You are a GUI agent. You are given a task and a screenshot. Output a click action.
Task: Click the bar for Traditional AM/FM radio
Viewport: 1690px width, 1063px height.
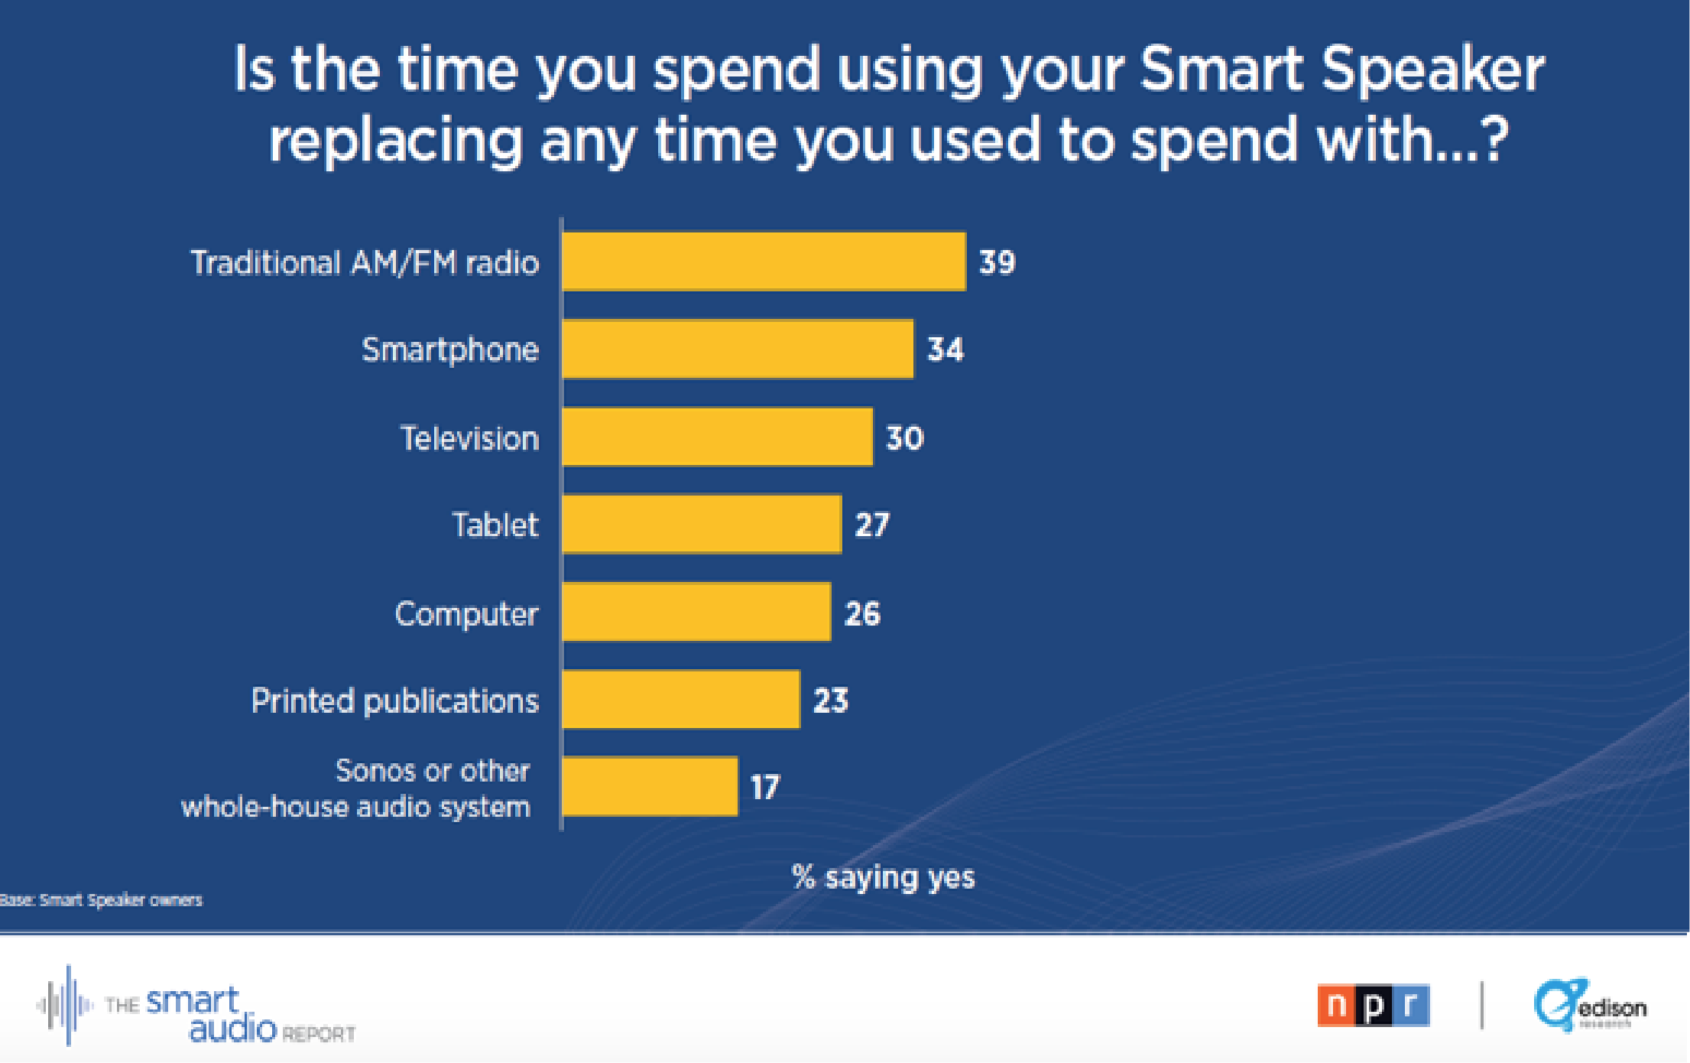click(764, 262)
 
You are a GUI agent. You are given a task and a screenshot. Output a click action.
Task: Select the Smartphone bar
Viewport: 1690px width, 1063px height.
click(738, 349)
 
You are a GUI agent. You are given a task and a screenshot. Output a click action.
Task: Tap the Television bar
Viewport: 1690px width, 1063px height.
click(717, 437)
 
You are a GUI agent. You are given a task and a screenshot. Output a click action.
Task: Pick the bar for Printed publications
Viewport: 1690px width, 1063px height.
click(680, 700)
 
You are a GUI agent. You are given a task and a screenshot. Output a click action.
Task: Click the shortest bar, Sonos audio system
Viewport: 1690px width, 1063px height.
click(650, 787)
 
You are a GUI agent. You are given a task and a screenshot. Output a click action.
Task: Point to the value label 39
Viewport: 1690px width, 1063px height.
click(997, 262)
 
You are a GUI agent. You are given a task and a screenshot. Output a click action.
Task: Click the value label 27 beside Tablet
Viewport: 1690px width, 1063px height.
click(872, 525)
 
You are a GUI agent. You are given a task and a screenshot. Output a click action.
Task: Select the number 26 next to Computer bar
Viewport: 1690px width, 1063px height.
click(862, 613)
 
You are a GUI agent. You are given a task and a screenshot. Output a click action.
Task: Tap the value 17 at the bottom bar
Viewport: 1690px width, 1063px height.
click(765, 788)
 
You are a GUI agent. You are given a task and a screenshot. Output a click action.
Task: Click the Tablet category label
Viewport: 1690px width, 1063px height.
click(495, 525)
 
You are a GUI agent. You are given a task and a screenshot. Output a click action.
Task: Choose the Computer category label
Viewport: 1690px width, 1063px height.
click(466, 614)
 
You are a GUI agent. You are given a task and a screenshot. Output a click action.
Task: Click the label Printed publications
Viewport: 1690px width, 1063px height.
click(395, 701)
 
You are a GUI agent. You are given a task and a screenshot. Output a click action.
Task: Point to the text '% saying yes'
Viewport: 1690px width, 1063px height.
click(884, 877)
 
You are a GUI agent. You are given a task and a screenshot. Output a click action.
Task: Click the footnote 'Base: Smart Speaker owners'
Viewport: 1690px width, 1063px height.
click(101, 900)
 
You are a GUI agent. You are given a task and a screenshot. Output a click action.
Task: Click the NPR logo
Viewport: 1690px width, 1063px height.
click(1374, 1005)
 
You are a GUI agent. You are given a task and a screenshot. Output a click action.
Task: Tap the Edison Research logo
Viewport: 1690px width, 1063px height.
click(1590, 1005)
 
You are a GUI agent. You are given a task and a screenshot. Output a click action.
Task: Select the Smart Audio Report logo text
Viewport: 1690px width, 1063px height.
click(229, 1015)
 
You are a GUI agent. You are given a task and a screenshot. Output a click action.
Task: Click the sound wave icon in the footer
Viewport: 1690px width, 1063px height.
click(66, 1005)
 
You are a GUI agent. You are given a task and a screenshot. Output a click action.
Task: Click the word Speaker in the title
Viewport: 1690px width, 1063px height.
click(1432, 70)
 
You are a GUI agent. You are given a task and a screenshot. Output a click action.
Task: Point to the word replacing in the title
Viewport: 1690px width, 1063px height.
click(395, 141)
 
